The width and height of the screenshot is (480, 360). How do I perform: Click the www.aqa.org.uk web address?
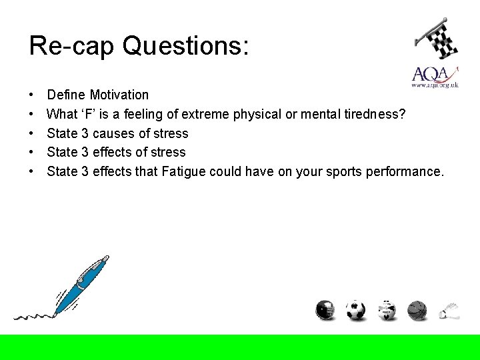pos(435,85)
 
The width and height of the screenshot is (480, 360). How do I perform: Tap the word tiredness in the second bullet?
pos(371,114)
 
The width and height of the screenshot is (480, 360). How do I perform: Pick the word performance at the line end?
pos(407,171)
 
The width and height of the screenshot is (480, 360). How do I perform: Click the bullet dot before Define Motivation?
pos(33,95)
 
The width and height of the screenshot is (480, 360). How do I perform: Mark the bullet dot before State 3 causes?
pos(33,133)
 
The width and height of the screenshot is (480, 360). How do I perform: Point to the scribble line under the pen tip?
pos(33,314)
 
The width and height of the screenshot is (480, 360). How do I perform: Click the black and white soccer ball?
pos(355,310)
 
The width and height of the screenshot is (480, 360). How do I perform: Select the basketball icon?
pos(417,310)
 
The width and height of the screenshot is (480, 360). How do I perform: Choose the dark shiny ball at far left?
pos(325,310)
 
